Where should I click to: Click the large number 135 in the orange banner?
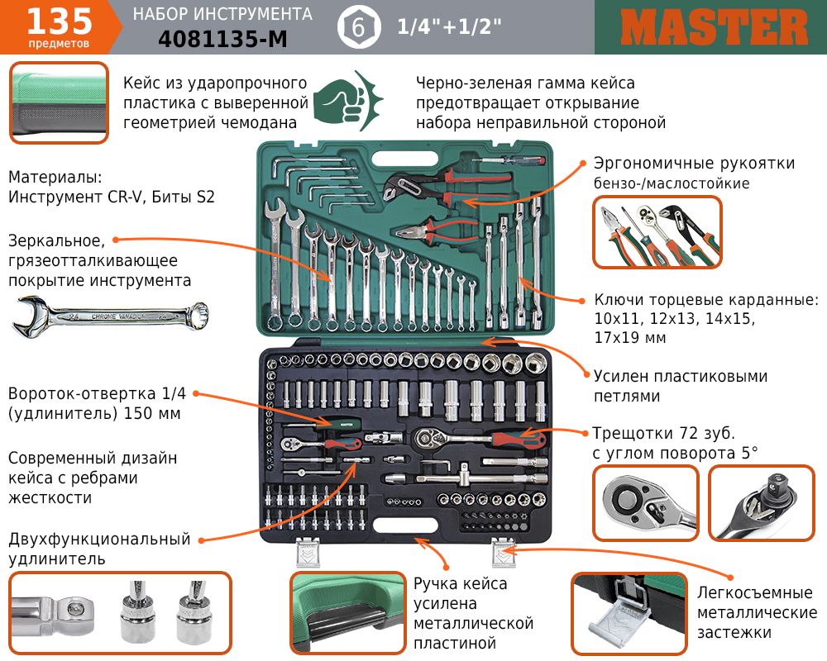[59, 21]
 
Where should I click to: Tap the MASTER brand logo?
[715, 27]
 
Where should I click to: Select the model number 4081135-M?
[222, 39]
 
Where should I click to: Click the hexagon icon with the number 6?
[359, 27]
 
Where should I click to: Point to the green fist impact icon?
[348, 101]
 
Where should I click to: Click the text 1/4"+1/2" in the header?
[449, 26]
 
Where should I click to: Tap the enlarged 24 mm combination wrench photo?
[110, 316]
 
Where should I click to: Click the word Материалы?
[55, 177]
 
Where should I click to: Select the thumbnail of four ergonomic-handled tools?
[657, 232]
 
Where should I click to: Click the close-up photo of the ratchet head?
[646, 503]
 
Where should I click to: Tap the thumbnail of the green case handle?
[348, 613]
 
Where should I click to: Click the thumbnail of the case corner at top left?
[59, 102]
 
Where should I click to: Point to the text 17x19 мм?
[629, 338]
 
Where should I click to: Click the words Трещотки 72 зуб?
[663, 433]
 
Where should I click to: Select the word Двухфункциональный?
[99, 540]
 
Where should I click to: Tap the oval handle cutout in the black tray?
[405, 525]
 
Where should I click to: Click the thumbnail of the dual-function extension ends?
[120, 613]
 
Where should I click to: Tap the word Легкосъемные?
[755, 593]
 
